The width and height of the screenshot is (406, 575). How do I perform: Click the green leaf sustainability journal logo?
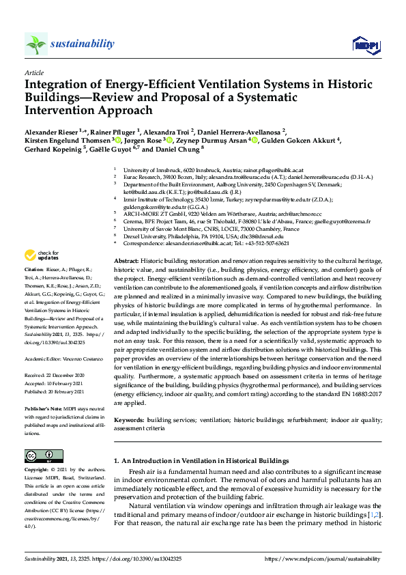(36, 44)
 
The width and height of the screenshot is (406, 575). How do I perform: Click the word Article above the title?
(33, 72)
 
